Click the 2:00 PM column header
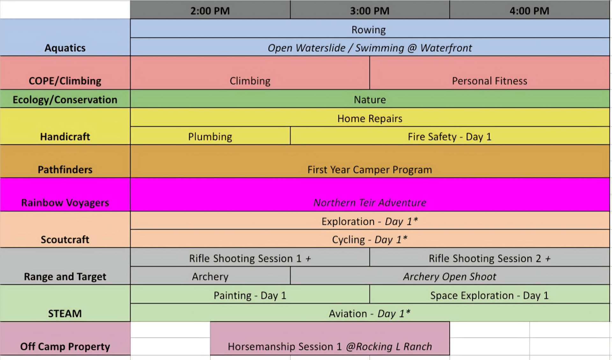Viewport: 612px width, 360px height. pos(210,11)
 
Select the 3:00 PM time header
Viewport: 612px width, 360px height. pos(370,11)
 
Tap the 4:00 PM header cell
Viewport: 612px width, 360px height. pos(529,11)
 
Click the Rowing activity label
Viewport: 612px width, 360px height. pos(368,30)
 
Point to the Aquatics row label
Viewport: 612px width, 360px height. pos(65,48)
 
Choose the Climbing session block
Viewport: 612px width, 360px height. pos(250,81)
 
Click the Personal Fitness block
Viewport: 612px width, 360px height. pos(489,81)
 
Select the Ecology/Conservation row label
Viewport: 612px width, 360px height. pos(65,99)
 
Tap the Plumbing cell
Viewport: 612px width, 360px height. pos(210,136)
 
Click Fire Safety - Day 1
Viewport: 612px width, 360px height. pos(449,136)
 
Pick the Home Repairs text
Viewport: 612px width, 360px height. pos(370,118)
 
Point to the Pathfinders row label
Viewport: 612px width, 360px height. pos(65,169)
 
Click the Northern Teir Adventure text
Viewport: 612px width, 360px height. pos(370,202)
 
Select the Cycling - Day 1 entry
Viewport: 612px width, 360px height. pos(370,239)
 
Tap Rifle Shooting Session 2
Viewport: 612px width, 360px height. pos(489,258)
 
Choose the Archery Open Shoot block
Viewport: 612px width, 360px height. pos(449,276)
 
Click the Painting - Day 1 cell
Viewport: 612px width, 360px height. pos(250,295)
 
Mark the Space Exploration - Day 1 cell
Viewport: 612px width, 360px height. pos(489,295)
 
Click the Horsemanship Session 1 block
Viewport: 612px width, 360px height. pos(330,346)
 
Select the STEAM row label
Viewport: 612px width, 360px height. pos(65,313)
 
